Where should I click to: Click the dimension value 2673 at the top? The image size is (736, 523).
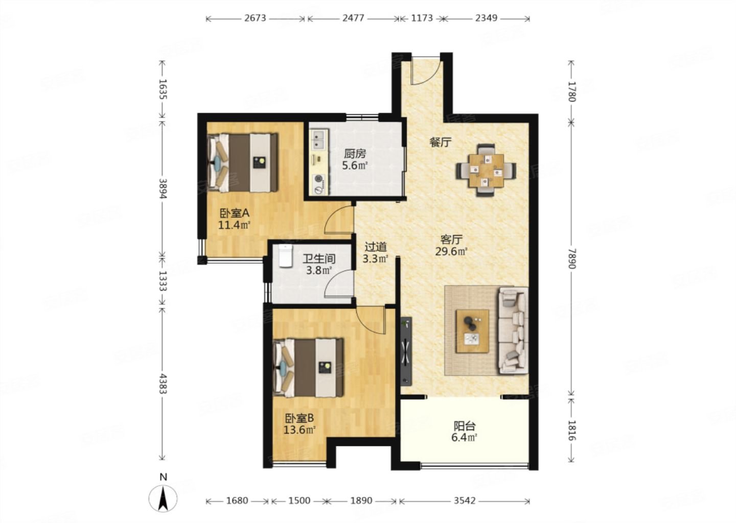(x=255, y=18)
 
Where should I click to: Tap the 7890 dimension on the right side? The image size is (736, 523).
(x=572, y=259)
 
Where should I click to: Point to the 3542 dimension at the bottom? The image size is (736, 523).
(x=465, y=501)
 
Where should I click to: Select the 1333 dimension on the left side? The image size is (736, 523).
(x=163, y=281)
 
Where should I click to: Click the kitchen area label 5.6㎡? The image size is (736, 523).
(x=355, y=165)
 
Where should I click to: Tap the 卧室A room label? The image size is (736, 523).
(x=234, y=213)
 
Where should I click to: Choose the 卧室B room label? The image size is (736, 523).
(x=300, y=418)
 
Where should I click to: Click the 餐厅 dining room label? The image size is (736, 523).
(x=440, y=142)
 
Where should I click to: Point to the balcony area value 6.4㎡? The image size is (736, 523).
(x=464, y=437)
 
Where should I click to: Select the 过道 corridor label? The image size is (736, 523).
(x=376, y=247)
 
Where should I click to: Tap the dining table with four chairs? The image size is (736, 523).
(x=486, y=170)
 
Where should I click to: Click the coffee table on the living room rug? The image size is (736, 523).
(x=472, y=331)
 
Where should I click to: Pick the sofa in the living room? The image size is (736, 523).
(x=513, y=331)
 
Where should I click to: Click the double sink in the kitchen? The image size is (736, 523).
(x=319, y=139)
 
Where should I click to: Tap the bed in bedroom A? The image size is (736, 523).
(x=242, y=162)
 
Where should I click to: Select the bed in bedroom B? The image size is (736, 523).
(x=308, y=368)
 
